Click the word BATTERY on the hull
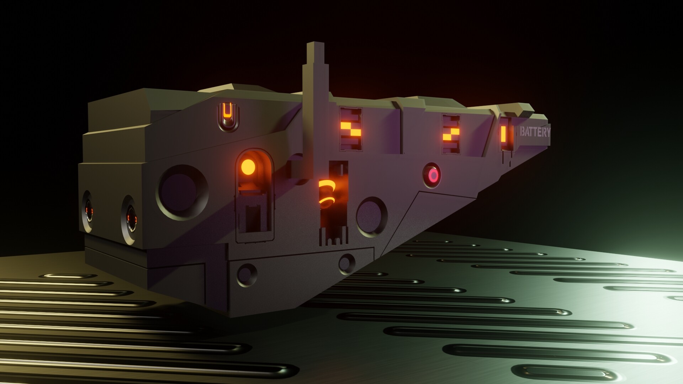pos(535,132)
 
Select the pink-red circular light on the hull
pos(433,175)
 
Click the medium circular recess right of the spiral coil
pos(372,216)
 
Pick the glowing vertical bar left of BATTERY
pos(504,133)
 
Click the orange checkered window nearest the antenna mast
pos(351,129)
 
